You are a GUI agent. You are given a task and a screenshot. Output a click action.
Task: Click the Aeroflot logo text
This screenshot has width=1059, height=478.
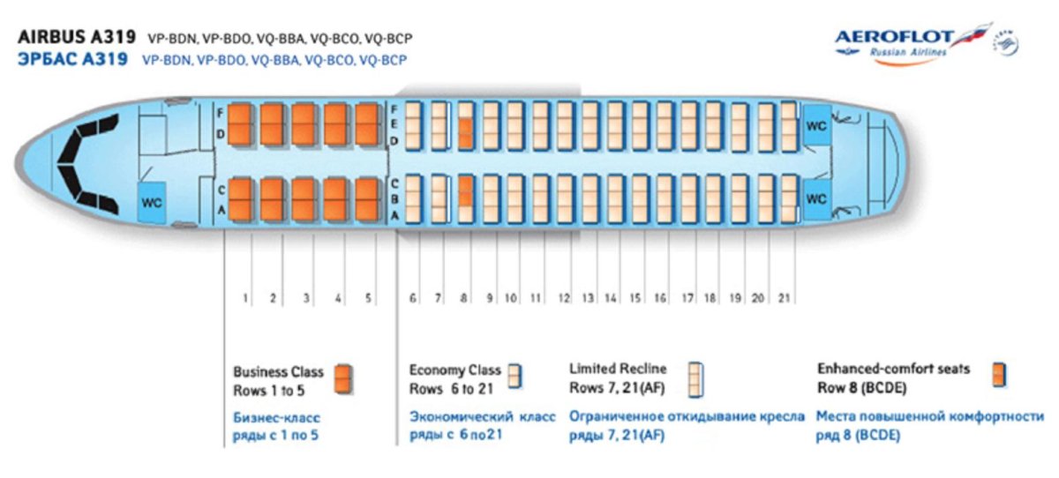click(894, 37)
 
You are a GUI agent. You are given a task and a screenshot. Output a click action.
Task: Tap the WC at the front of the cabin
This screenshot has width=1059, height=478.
click(153, 202)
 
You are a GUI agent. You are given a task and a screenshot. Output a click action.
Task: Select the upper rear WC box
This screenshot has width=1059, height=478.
click(816, 125)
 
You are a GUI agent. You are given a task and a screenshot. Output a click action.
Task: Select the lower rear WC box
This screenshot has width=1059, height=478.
click(816, 198)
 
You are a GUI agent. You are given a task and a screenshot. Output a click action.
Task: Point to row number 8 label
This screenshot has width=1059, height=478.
click(464, 299)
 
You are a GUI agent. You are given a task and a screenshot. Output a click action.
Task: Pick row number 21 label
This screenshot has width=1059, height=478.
click(784, 299)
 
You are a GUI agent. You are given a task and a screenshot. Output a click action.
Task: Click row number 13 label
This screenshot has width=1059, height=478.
click(588, 299)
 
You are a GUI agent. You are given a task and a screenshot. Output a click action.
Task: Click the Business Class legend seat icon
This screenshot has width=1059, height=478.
click(344, 378)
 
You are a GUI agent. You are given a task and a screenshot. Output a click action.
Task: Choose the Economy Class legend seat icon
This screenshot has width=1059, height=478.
click(514, 376)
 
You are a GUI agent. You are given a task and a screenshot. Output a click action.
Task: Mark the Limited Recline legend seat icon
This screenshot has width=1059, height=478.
click(697, 379)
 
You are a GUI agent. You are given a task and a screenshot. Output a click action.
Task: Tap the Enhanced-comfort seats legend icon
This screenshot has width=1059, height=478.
click(999, 374)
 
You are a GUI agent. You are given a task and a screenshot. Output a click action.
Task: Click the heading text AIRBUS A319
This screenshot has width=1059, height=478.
click(77, 38)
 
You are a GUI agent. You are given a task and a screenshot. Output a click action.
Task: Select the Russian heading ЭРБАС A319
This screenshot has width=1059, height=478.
click(72, 60)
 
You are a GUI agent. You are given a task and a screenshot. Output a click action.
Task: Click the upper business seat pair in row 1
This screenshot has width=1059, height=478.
click(241, 124)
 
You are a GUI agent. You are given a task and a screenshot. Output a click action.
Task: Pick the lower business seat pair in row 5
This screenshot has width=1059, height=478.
click(367, 198)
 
